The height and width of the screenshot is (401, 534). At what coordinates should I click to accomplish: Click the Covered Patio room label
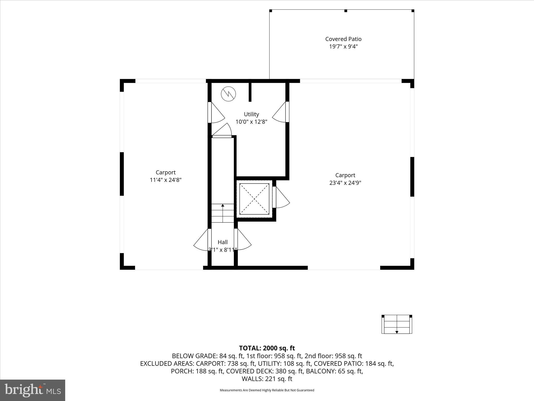click(x=343, y=39)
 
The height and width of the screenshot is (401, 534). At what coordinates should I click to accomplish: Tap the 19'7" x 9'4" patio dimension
click(x=343, y=47)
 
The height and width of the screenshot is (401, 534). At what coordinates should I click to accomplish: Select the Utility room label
click(x=251, y=114)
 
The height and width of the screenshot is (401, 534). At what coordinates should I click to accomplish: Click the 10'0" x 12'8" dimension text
click(x=251, y=122)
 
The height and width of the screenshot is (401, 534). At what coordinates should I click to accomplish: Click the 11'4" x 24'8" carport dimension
click(x=166, y=180)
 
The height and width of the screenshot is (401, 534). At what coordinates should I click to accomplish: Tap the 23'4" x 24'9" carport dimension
click(x=345, y=183)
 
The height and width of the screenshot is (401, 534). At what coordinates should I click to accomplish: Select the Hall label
click(x=223, y=242)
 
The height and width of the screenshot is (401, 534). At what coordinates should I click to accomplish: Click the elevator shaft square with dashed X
click(x=254, y=199)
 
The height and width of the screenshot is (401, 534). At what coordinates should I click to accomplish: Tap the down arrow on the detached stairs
click(x=397, y=332)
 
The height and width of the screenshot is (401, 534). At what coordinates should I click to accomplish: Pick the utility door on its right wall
click(x=280, y=112)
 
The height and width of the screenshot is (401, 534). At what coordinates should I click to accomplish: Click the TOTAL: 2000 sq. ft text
click(x=267, y=348)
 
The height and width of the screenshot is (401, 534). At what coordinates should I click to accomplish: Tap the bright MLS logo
click(x=33, y=390)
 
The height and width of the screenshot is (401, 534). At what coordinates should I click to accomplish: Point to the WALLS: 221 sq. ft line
click(x=267, y=379)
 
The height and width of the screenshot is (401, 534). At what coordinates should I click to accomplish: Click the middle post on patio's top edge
click(x=346, y=11)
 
